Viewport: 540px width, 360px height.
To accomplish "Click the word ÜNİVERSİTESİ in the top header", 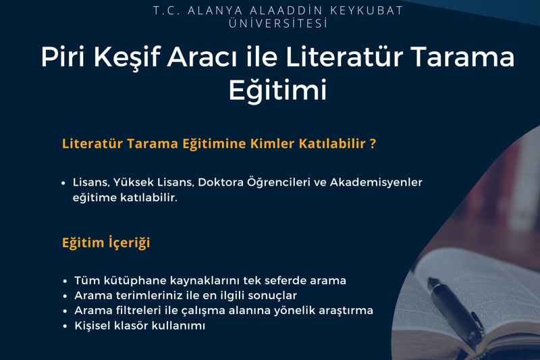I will point(278,24).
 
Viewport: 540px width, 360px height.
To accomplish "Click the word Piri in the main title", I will point(62,57).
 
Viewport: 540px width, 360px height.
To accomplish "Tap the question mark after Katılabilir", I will point(373,144).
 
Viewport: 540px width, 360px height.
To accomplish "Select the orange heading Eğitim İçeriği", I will point(106,242).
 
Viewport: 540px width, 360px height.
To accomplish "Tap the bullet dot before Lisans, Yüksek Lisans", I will point(64,183).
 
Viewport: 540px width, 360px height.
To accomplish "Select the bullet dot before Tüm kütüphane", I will point(65,280).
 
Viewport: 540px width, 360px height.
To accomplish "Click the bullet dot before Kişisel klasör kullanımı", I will point(65,327).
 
